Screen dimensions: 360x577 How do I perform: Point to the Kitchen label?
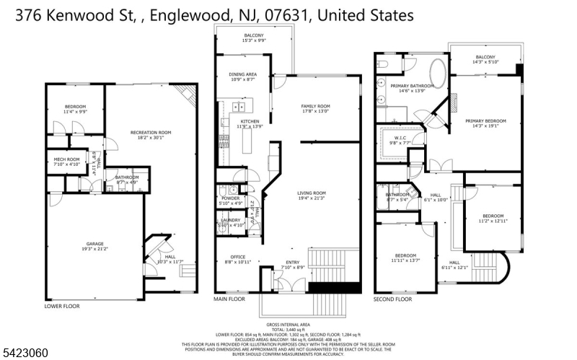point(250,120)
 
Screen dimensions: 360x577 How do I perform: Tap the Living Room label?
point(312,193)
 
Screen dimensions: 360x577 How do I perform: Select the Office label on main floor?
point(238,257)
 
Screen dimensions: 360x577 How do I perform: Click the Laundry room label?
point(230,220)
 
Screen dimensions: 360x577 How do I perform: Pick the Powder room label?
point(230,198)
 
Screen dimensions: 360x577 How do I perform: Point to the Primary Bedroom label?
point(485,120)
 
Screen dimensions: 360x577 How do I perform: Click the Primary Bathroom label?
point(408,87)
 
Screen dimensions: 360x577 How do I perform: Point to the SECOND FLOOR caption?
point(392,299)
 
